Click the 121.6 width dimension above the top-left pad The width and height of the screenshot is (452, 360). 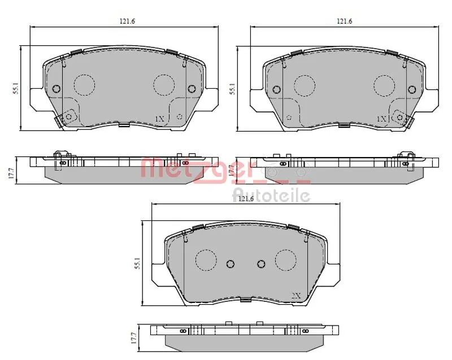(x=127, y=21)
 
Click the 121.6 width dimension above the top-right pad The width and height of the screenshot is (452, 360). (x=345, y=21)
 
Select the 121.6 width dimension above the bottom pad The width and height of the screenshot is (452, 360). (x=246, y=198)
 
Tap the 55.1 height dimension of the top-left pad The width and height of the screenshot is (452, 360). (x=16, y=89)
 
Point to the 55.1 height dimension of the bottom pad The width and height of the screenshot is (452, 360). (x=137, y=263)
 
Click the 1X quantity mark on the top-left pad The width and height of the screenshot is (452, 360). (x=159, y=119)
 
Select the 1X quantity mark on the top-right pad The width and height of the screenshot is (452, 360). (x=381, y=119)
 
